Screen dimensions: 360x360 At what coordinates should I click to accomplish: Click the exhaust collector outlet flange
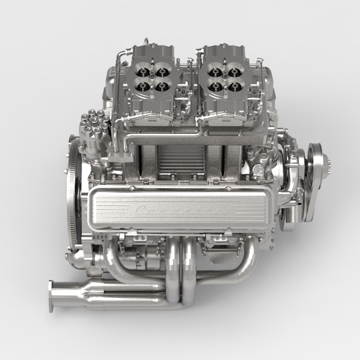click(x=52, y=294)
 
